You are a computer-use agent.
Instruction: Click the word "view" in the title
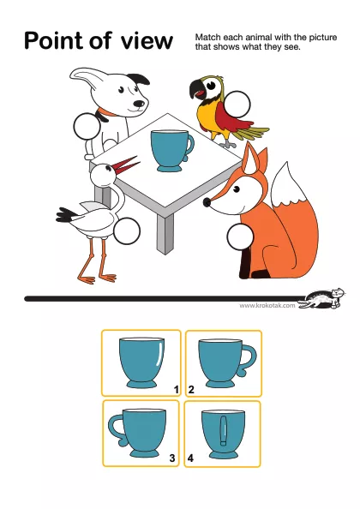click(147, 41)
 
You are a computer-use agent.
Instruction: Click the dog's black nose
click(140, 104)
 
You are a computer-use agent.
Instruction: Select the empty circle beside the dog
click(87, 126)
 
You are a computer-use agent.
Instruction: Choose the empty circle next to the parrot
click(237, 105)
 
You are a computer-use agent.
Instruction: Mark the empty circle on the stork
click(127, 231)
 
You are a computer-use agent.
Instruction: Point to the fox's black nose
click(207, 202)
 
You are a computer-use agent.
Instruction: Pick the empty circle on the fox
click(240, 237)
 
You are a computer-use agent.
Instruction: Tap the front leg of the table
click(165, 233)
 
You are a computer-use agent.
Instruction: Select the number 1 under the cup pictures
click(177, 389)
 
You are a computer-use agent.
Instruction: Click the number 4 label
click(190, 458)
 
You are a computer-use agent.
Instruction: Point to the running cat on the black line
click(322, 298)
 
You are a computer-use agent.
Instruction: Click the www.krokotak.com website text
click(267, 305)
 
